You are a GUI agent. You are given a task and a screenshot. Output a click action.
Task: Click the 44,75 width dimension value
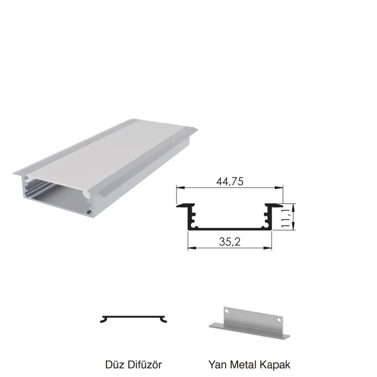coord(230,182)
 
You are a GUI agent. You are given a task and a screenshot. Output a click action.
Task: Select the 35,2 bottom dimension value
coord(230,242)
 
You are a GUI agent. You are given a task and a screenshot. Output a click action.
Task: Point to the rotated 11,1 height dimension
coord(285,218)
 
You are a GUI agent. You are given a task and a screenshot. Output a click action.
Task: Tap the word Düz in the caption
coord(114,365)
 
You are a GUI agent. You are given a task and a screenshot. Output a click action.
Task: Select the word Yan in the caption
coord(218,365)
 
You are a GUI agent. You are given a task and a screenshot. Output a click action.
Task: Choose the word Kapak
coord(274,365)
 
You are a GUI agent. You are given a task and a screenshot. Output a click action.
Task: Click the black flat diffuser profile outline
coord(133,317)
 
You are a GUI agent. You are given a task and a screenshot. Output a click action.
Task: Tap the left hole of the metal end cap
coord(227,311)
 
